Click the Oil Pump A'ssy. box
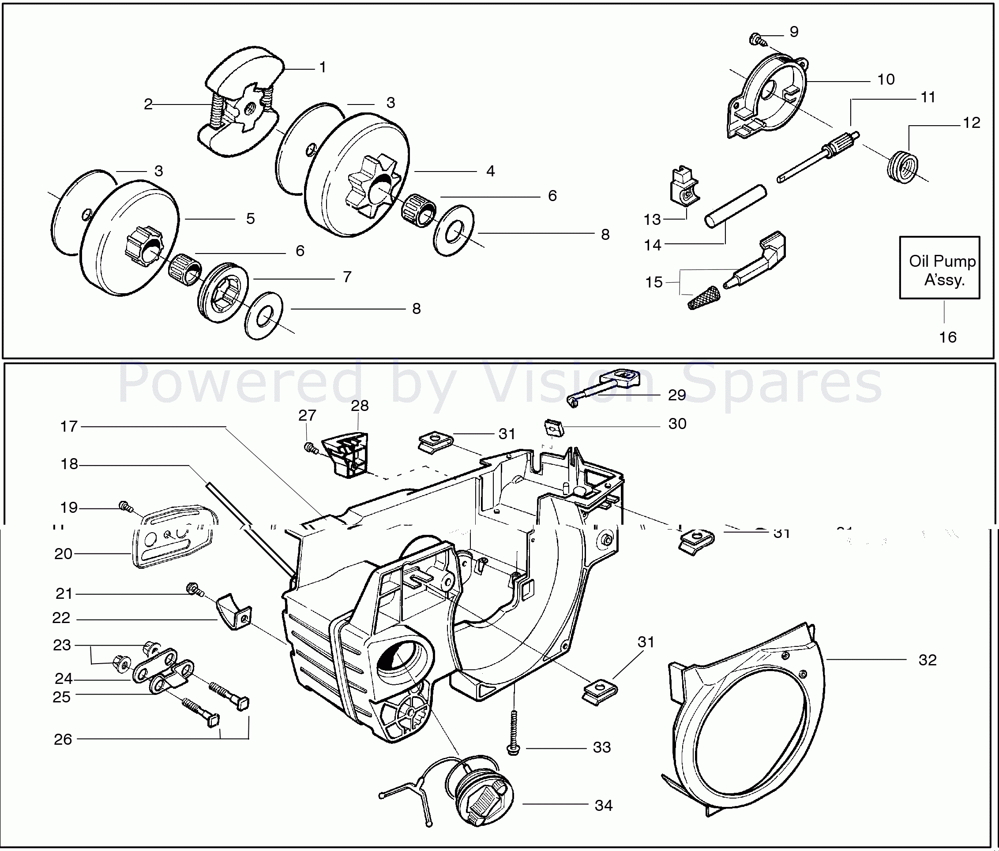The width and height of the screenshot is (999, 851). (x=939, y=268)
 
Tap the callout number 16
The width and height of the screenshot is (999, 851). (x=947, y=337)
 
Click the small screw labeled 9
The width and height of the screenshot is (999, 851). (x=756, y=38)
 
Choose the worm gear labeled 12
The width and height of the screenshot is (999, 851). (x=902, y=167)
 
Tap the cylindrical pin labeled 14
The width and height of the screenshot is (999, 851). (x=735, y=206)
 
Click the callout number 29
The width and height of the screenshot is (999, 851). (x=676, y=395)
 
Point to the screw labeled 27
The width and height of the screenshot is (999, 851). (x=311, y=448)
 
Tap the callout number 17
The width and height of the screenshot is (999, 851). (x=68, y=426)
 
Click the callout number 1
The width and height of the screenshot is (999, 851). (x=323, y=67)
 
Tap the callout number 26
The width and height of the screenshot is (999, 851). (x=63, y=739)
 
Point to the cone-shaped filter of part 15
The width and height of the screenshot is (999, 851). (x=702, y=297)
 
